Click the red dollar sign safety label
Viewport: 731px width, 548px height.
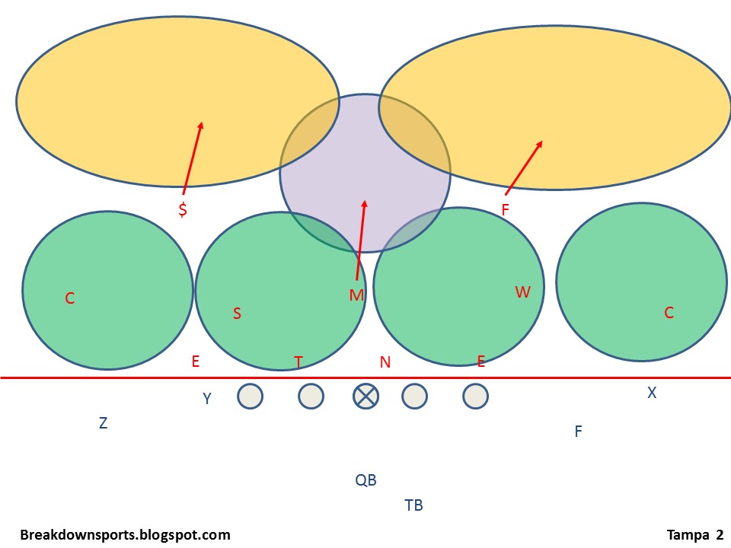183,209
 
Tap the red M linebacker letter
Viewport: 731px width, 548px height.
356,295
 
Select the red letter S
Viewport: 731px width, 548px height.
237,314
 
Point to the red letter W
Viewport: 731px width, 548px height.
522,292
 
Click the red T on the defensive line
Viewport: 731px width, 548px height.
298,362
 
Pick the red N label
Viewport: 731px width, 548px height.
385,362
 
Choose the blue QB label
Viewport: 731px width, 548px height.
365,480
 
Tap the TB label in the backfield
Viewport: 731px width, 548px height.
413,505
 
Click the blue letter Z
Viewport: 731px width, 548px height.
103,424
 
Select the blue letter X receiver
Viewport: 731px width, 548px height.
652,393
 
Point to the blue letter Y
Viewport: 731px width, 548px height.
206,398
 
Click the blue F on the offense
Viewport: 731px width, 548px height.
578,432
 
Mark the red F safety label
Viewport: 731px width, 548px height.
505,209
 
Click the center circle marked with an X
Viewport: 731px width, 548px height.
365,396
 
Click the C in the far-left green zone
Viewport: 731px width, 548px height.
70,298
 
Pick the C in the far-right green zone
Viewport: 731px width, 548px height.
669,313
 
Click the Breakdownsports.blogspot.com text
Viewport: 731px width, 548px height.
125,535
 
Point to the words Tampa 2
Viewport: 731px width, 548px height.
695,535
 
